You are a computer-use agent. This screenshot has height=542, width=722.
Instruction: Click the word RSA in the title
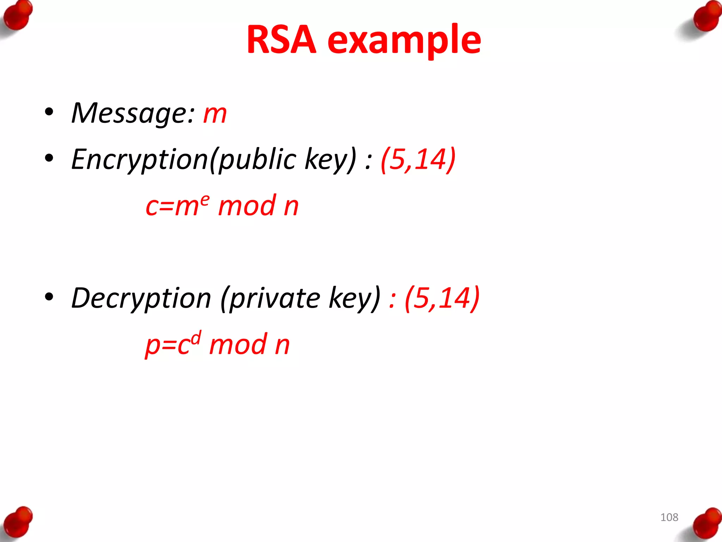281,40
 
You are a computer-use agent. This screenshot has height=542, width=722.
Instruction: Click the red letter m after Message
215,115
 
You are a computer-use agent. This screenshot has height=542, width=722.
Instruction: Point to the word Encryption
140,160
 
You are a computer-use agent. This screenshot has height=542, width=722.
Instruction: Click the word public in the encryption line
258,160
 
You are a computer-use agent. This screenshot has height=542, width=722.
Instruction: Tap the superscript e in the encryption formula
205,200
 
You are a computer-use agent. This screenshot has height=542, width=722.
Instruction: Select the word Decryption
141,299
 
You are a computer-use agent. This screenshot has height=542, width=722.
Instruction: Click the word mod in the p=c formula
238,344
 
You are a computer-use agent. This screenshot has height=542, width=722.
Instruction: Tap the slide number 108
669,517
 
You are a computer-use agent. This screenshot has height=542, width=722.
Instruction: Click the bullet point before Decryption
49,297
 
